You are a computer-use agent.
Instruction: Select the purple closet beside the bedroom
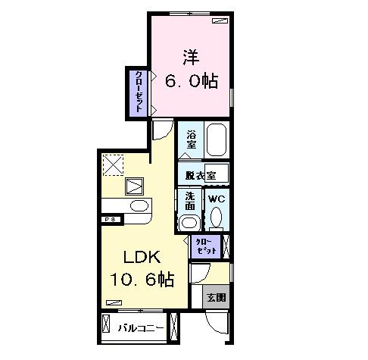point(138,92)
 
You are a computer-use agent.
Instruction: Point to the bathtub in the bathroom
point(217,140)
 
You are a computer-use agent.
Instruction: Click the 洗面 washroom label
point(190,200)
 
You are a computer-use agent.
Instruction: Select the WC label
point(217,199)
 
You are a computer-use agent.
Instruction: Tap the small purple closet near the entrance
point(206,247)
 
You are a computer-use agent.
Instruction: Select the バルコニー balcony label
point(141,327)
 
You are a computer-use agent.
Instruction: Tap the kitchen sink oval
point(139,206)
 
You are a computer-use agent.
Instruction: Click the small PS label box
point(110,220)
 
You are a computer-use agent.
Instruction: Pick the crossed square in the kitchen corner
point(114,163)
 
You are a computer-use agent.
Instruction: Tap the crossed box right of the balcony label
point(176,326)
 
